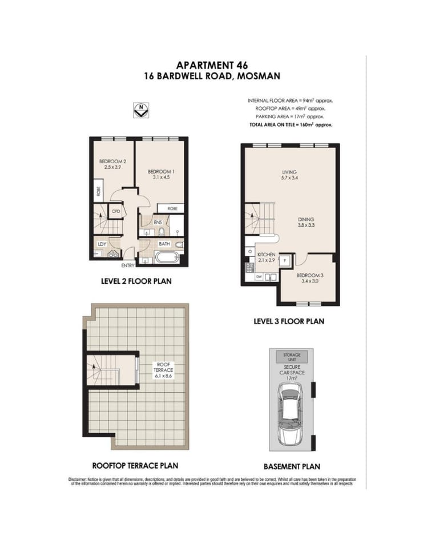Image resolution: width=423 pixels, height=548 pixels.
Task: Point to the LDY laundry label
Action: click(x=102, y=244)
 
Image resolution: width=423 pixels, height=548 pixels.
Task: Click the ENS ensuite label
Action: click(x=158, y=222)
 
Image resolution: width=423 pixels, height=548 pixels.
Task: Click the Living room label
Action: click(x=289, y=172)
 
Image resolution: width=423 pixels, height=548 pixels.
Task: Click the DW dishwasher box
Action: click(x=259, y=277)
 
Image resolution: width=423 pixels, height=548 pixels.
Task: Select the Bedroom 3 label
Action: click(x=310, y=276)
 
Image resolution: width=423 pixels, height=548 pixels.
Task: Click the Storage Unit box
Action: click(x=287, y=357)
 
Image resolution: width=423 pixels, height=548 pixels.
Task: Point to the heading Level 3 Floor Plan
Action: click(x=289, y=321)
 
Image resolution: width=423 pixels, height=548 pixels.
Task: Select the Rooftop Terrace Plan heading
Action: click(x=139, y=465)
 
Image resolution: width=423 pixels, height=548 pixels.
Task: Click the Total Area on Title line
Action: click(x=291, y=124)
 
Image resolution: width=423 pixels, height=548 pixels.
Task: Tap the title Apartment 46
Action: click(x=211, y=65)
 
